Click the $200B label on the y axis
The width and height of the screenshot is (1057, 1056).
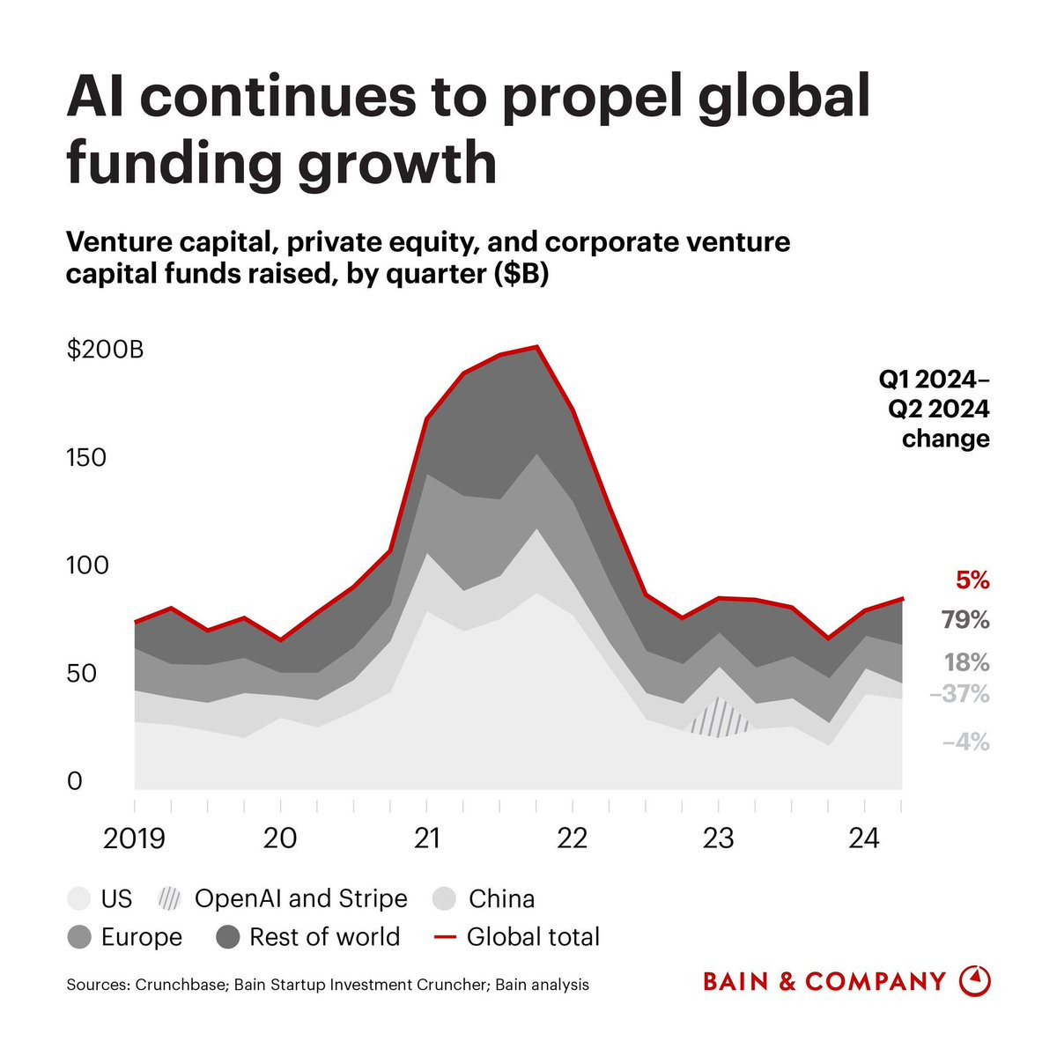point(105,350)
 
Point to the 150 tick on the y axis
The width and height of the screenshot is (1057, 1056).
point(86,458)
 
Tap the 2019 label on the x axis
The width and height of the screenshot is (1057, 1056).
point(134,838)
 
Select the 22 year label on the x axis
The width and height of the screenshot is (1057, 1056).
point(573,838)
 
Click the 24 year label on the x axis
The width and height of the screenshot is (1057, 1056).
point(864,838)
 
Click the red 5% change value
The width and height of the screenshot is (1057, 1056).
point(972,581)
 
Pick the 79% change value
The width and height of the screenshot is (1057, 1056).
point(965,620)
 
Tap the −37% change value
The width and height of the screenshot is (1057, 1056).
point(959,695)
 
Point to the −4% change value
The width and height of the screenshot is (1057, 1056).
point(965,742)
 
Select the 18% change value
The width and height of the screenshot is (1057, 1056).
point(966,662)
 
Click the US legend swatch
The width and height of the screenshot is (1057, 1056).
point(79,899)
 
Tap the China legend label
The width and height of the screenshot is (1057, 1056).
point(501,899)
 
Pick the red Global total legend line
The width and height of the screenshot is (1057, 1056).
point(446,937)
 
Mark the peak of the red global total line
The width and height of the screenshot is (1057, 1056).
point(536,347)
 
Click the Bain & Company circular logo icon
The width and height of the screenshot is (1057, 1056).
point(973,980)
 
